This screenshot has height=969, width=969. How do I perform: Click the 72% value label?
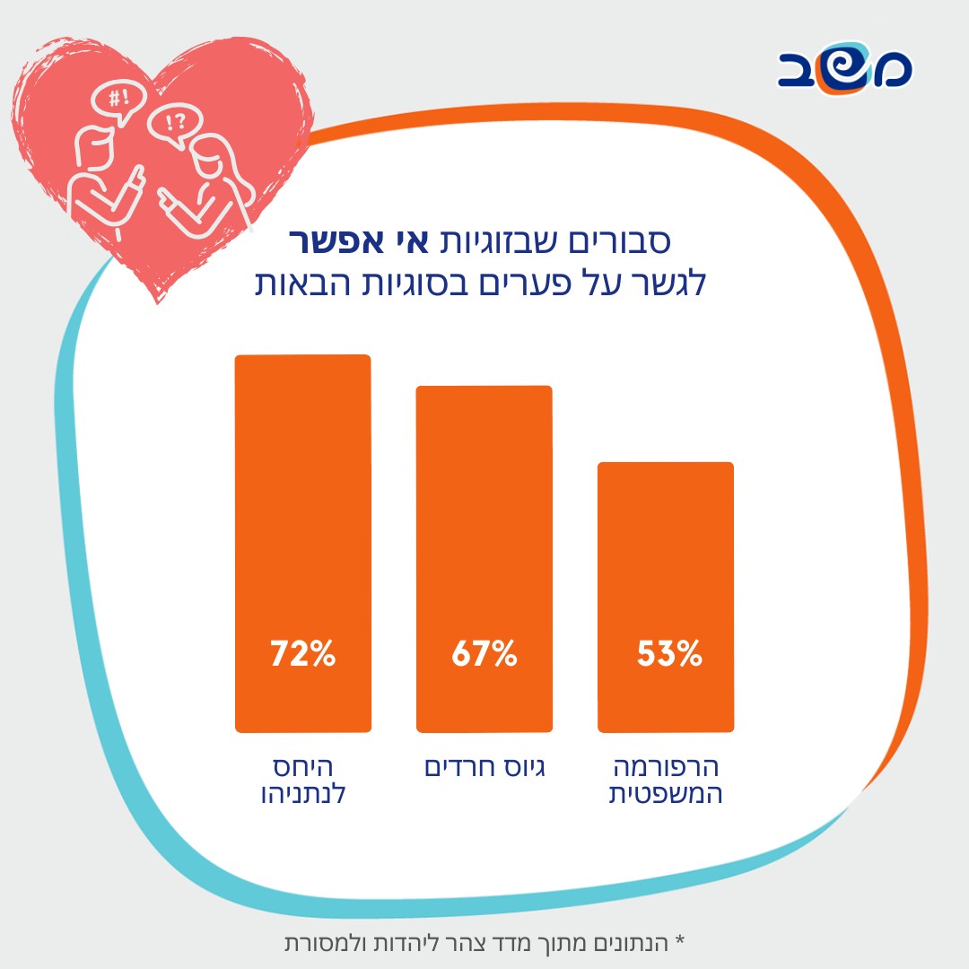click(303, 653)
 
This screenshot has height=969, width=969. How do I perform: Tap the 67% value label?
click(484, 653)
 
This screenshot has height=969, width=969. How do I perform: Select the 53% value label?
click(668, 653)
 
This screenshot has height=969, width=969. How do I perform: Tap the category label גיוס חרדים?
click(484, 769)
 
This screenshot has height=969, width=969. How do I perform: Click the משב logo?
click(844, 70)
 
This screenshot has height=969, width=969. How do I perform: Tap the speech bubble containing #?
click(118, 99)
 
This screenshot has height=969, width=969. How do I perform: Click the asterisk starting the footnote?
click(679, 942)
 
